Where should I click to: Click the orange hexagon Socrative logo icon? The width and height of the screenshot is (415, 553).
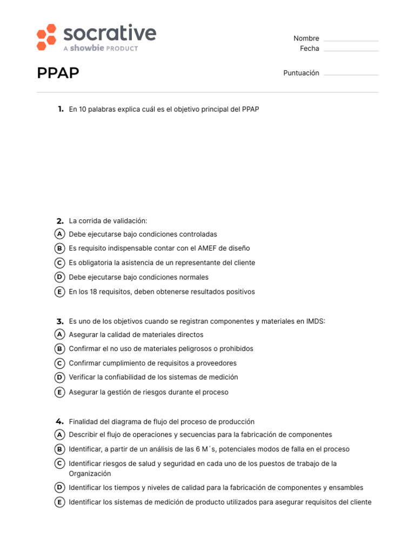tap(46, 37)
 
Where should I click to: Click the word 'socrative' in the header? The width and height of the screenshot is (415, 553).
tap(110, 33)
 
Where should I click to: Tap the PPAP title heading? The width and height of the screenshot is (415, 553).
tap(58, 73)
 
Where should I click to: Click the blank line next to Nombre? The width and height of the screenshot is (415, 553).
tap(351, 39)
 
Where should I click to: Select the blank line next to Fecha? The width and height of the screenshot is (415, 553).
tap(351, 50)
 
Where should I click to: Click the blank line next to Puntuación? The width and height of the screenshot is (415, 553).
tap(351, 74)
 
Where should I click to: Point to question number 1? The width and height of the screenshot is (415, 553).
tap(61, 109)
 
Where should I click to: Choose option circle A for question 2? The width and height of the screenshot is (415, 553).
tap(60, 234)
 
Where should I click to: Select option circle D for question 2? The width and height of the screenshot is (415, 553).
tap(60, 277)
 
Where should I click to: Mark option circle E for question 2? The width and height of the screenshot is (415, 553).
tap(60, 292)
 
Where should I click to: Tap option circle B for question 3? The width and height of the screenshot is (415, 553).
tap(60, 349)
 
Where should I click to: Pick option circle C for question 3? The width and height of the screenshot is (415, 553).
tap(60, 363)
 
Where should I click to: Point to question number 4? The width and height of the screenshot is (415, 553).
tap(60, 422)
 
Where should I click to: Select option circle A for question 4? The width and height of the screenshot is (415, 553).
tap(60, 435)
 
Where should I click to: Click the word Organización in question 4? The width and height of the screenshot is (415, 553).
tap(90, 474)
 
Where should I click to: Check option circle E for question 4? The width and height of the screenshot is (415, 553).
tap(60, 502)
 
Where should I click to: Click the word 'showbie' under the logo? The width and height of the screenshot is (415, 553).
tap(86, 49)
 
